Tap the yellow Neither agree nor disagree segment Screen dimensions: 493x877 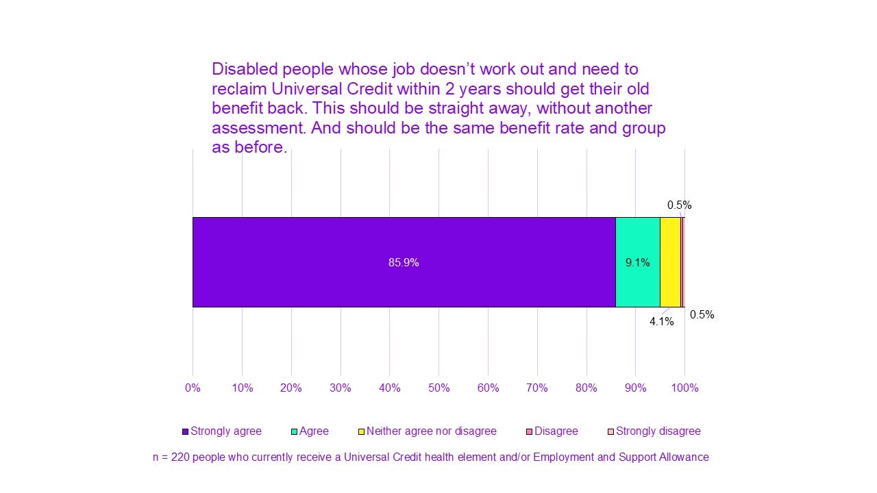pyautogui.click(x=670, y=262)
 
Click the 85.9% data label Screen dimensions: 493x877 pyautogui.click(x=404, y=262)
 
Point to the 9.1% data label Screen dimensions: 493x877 pyautogui.click(x=637, y=262)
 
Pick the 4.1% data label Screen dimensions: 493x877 pyautogui.click(x=662, y=321)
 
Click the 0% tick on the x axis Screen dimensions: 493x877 pyautogui.click(x=193, y=388)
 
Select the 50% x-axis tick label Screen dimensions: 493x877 pyautogui.click(x=438, y=388)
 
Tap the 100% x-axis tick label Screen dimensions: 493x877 pyautogui.click(x=684, y=388)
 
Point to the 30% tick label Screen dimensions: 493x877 pyautogui.click(x=341, y=388)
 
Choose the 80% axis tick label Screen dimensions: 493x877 pyautogui.click(x=586, y=388)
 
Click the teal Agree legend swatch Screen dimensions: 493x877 pyautogui.click(x=295, y=432)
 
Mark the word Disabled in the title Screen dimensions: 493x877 pyautogui.click(x=243, y=69)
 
